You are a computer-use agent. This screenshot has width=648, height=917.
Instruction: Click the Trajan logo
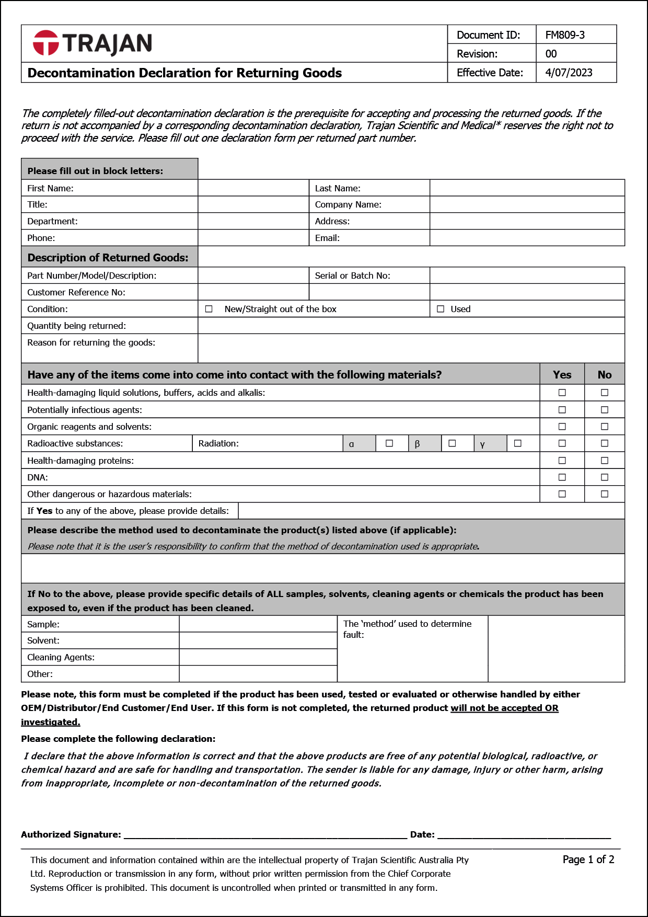click(x=92, y=43)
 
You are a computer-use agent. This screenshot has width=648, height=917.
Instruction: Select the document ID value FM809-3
click(x=565, y=35)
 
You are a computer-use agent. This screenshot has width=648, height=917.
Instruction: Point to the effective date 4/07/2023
click(x=569, y=73)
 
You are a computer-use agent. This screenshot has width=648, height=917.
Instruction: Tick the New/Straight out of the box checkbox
click(x=209, y=309)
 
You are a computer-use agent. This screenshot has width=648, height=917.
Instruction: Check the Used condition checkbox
click(x=441, y=309)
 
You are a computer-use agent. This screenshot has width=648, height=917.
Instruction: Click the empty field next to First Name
click(x=253, y=188)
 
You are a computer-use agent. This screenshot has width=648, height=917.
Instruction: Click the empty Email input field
click(x=527, y=238)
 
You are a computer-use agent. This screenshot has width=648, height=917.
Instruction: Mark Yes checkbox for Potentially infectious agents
click(x=562, y=410)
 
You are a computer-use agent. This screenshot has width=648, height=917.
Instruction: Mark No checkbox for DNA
click(x=605, y=477)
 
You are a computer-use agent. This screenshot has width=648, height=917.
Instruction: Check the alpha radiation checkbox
click(x=389, y=443)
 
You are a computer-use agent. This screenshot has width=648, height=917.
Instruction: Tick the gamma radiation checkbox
click(x=518, y=443)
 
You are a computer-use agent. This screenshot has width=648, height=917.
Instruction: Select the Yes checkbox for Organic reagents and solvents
click(x=562, y=427)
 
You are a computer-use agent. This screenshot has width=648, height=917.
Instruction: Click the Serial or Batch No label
click(x=352, y=276)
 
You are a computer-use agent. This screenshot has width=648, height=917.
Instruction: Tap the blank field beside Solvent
click(x=258, y=640)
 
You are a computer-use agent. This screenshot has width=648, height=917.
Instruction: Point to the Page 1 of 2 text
click(x=588, y=859)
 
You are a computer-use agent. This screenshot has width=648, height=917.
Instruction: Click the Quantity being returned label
click(x=76, y=326)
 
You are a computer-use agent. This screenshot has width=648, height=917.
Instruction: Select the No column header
click(x=605, y=375)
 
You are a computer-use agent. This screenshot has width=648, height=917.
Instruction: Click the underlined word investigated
click(x=51, y=722)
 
